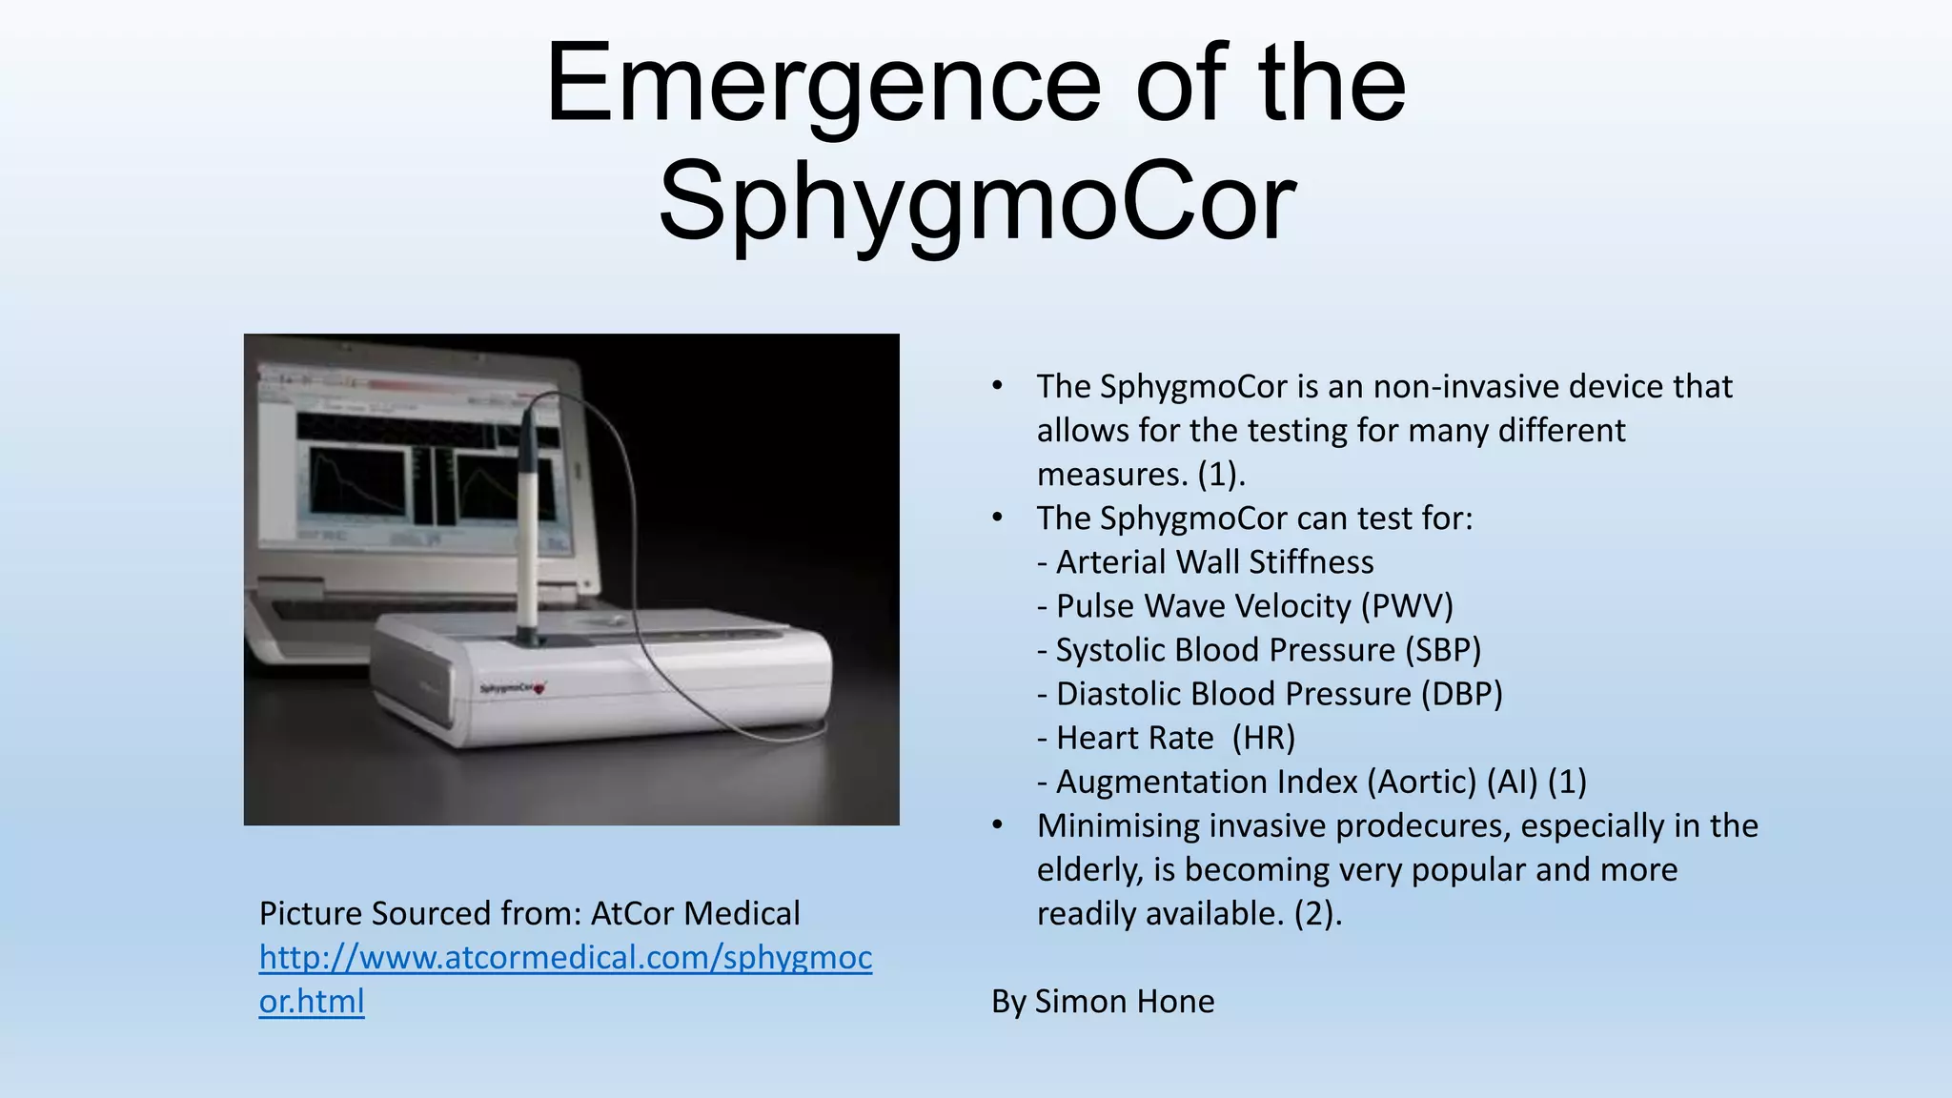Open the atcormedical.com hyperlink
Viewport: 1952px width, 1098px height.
point(565,958)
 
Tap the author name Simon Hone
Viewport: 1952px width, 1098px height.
point(1124,1002)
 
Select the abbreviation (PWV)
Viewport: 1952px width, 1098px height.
point(1407,606)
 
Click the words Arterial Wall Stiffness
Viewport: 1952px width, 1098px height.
point(1214,562)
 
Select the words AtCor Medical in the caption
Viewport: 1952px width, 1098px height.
point(695,914)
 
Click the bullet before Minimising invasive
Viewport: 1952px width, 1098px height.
point(997,824)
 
